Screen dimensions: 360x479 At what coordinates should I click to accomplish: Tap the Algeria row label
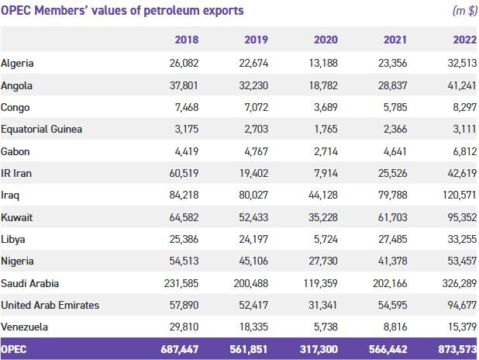click(x=18, y=63)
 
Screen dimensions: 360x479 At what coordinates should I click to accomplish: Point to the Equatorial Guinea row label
click(x=41, y=129)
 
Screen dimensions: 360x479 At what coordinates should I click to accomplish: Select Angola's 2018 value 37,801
click(x=183, y=85)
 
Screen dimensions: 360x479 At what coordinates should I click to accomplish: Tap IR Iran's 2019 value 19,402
click(x=253, y=173)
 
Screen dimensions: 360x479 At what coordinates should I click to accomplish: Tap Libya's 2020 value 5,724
click(x=325, y=239)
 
